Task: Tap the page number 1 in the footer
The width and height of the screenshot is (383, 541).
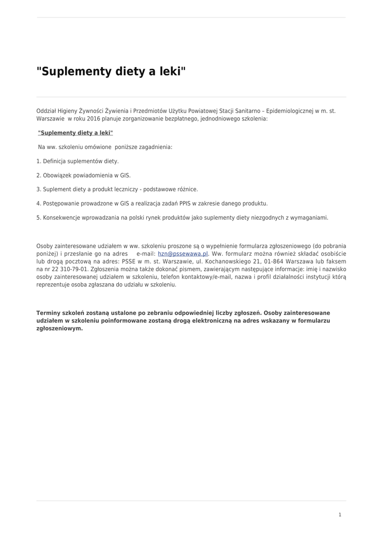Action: pyautogui.click(x=340, y=515)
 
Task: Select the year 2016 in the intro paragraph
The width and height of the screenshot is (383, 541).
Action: pyautogui.click(x=93, y=119)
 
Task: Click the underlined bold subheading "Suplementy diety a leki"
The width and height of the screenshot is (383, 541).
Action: pyautogui.click(x=76, y=133)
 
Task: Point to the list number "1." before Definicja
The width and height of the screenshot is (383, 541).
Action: pyautogui.click(x=39, y=161)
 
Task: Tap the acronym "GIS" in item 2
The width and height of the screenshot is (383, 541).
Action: pyautogui.click(x=125, y=175)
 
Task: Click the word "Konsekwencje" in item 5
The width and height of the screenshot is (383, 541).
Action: pyautogui.click(x=61, y=217)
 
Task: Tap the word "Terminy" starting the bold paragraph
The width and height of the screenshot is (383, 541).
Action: pyautogui.click(x=48, y=313)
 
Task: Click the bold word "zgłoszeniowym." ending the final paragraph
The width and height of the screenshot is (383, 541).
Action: pyautogui.click(x=60, y=328)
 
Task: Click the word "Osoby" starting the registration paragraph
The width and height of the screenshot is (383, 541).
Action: pyautogui.click(x=44, y=246)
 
